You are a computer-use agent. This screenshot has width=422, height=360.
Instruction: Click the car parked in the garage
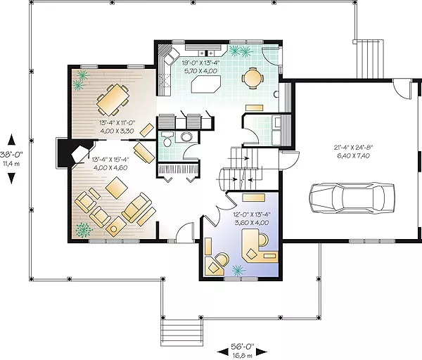(x=352, y=198)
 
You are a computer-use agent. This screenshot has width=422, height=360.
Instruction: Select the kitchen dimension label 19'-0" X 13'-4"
(x=200, y=63)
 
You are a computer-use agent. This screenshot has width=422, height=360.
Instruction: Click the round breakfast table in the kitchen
(x=252, y=78)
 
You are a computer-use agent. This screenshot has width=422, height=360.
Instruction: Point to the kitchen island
(x=206, y=84)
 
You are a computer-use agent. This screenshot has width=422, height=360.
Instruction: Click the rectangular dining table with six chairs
(x=113, y=100)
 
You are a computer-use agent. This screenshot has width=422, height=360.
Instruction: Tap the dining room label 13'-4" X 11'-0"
(x=117, y=123)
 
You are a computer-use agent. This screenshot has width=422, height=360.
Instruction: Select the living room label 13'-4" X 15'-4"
(x=110, y=160)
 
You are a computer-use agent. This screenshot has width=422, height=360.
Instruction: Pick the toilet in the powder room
(x=167, y=139)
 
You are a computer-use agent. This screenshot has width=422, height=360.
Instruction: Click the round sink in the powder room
(x=186, y=137)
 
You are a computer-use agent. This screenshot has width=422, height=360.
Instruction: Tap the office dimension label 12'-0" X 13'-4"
(x=252, y=214)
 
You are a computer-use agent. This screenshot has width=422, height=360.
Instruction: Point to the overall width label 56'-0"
(x=242, y=346)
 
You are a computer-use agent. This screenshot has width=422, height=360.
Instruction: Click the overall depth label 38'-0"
(x=11, y=155)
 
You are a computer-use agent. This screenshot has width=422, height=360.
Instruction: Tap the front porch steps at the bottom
(x=181, y=333)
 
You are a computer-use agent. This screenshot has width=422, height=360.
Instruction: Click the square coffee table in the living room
(x=117, y=188)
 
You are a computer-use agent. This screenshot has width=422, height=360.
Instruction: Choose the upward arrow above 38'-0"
(x=11, y=139)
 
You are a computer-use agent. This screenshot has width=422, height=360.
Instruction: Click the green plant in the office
(x=238, y=270)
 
